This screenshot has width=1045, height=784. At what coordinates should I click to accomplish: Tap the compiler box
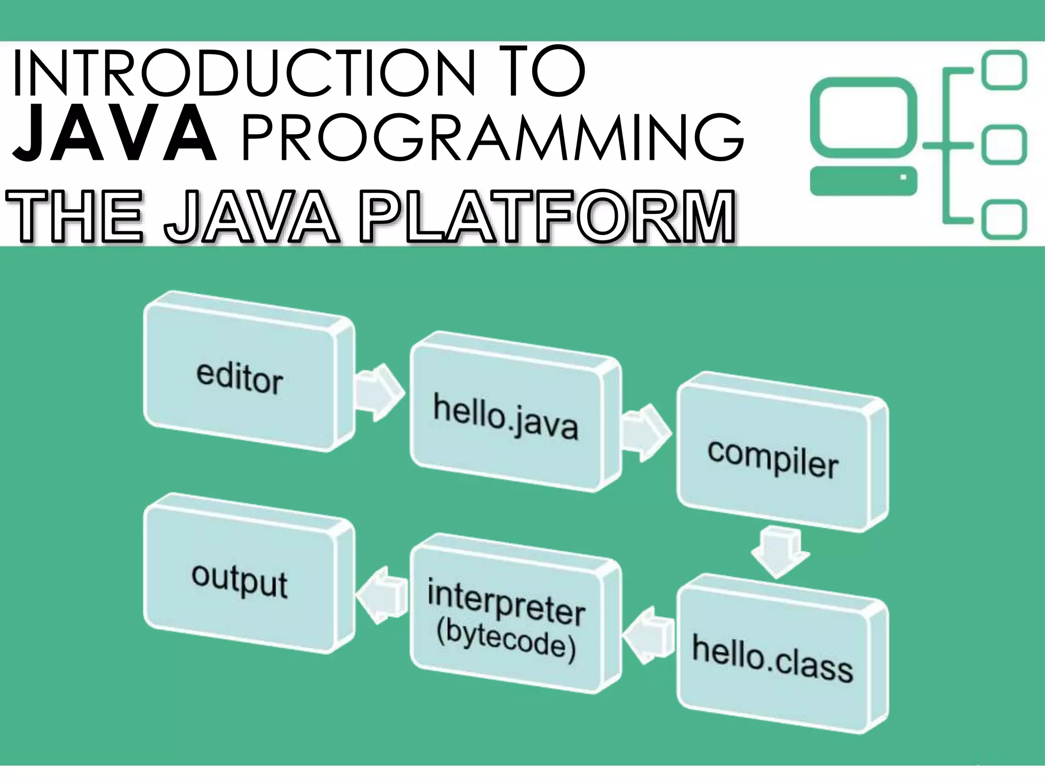coord(773,459)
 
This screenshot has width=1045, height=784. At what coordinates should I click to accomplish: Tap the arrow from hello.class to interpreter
coord(647,635)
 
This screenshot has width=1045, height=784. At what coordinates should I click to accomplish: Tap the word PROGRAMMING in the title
coord(492,136)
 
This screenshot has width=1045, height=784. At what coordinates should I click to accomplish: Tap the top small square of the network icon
coord(1005,70)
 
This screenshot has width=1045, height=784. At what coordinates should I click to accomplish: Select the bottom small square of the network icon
coord(1005,220)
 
